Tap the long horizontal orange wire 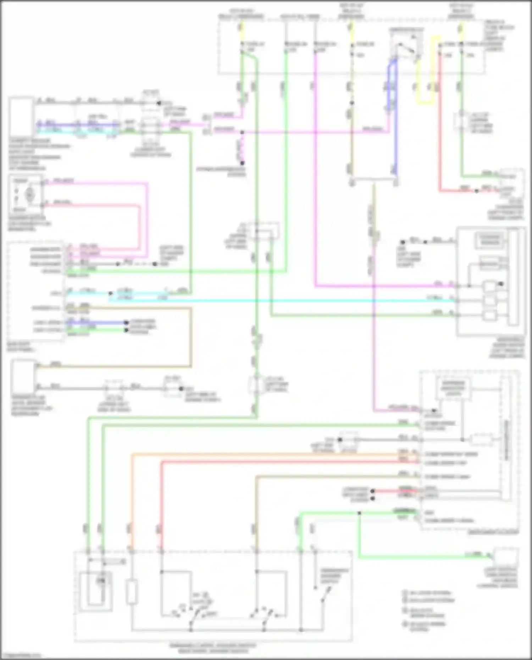point(270,454)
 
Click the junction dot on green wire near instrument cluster point(359,513)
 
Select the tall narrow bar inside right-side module point(513,277)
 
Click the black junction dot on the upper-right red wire point(477,191)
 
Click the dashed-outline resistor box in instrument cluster point(482,440)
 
